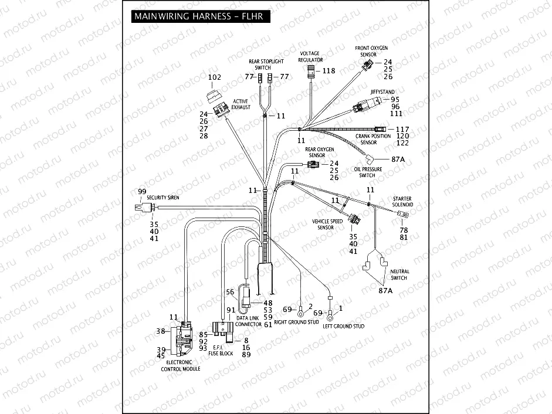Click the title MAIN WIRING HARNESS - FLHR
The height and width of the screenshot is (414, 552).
pyautogui.click(x=198, y=16)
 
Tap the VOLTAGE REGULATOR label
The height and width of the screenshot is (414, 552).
pyautogui.click(x=310, y=56)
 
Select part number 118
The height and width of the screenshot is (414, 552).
pyautogui.click(x=329, y=71)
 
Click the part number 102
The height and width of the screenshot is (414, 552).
pyautogui.click(x=215, y=77)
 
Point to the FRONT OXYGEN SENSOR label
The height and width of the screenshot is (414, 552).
pyautogui.click(x=371, y=50)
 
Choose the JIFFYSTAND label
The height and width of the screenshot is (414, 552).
pyautogui.click(x=381, y=92)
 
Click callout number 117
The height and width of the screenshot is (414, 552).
pyautogui.click(x=402, y=129)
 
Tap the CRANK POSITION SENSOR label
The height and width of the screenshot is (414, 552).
pyautogui.click(x=373, y=139)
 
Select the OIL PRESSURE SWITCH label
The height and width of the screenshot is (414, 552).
pyautogui.click(x=368, y=172)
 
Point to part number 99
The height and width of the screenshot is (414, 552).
pyautogui.click(x=141, y=192)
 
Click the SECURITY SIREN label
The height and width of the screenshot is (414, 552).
pyautogui.click(x=163, y=198)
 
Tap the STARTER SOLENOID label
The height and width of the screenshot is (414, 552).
pyautogui.click(x=403, y=201)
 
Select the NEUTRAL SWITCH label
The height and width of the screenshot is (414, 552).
pyautogui.click(x=399, y=274)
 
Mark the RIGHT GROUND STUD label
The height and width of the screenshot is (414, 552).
pyautogui.click(x=296, y=322)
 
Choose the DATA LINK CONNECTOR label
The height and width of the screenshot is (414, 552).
pyautogui.click(x=249, y=321)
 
